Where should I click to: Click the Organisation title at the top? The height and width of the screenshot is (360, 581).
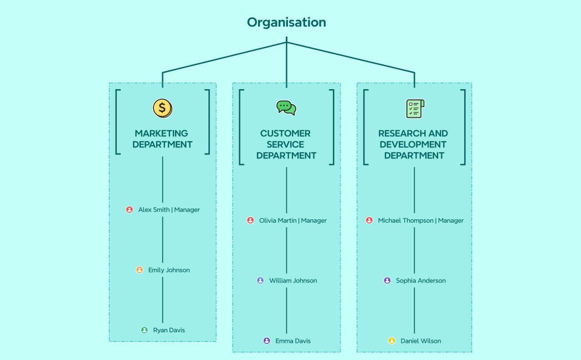[286, 22]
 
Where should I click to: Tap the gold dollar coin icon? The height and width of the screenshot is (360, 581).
[162, 107]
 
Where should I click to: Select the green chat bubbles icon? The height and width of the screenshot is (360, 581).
[286, 107]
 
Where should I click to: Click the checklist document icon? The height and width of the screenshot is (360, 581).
[414, 108]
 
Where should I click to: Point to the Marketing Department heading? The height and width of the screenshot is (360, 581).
[162, 139]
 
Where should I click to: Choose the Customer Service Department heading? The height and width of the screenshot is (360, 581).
[286, 145]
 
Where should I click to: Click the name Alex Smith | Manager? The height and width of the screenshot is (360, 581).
[169, 210]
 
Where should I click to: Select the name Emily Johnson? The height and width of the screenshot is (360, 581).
[169, 270]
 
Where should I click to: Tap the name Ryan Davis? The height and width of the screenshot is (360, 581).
[169, 330]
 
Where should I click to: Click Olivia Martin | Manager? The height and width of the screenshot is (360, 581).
[293, 220]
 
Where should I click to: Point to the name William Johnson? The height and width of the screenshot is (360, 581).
[293, 281]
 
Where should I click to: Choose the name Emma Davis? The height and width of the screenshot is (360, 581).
[293, 341]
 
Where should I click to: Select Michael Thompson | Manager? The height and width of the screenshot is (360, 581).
[421, 220]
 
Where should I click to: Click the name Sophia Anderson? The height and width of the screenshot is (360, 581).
[421, 281]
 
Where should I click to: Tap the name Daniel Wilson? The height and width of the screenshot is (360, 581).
[421, 341]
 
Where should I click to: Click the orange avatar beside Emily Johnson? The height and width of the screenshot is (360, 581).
[140, 270]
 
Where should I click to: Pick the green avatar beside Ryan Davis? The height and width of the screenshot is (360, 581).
[145, 330]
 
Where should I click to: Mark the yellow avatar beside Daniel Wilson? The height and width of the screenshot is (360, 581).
[392, 341]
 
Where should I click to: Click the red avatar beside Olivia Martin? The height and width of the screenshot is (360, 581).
[250, 220]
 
